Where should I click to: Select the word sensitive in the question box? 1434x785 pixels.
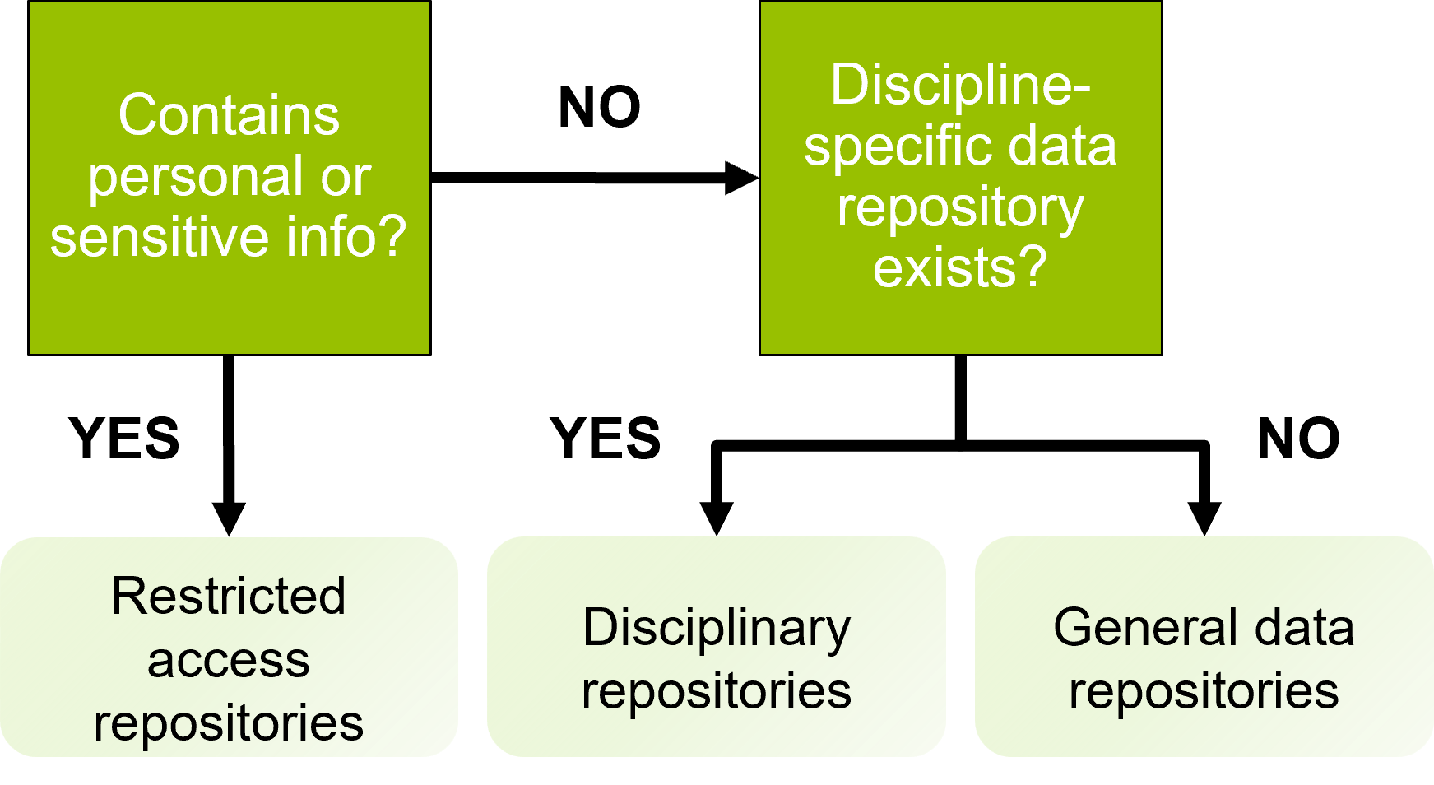click(x=159, y=237)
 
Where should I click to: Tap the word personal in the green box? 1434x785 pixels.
click(x=195, y=178)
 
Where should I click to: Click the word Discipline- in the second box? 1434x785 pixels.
click(x=960, y=85)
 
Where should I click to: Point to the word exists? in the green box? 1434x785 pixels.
click(x=960, y=267)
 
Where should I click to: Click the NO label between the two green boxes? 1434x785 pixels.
click(x=599, y=108)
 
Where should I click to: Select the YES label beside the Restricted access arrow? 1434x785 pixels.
click(x=124, y=438)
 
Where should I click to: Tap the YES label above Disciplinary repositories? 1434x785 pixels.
click(x=606, y=438)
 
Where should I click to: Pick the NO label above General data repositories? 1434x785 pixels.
click(x=1298, y=438)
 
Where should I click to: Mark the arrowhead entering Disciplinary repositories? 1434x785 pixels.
click(x=717, y=518)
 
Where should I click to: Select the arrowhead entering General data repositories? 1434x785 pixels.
click(x=1204, y=518)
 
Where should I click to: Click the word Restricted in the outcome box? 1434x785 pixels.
click(x=229, y=596)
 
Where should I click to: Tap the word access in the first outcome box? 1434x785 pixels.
click(x=229, y=660)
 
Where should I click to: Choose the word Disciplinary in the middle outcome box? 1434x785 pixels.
click(x=717, y=628)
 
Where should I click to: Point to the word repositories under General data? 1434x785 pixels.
click(x=1204, y=691)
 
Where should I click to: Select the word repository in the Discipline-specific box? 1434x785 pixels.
click(x=960, y=208)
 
